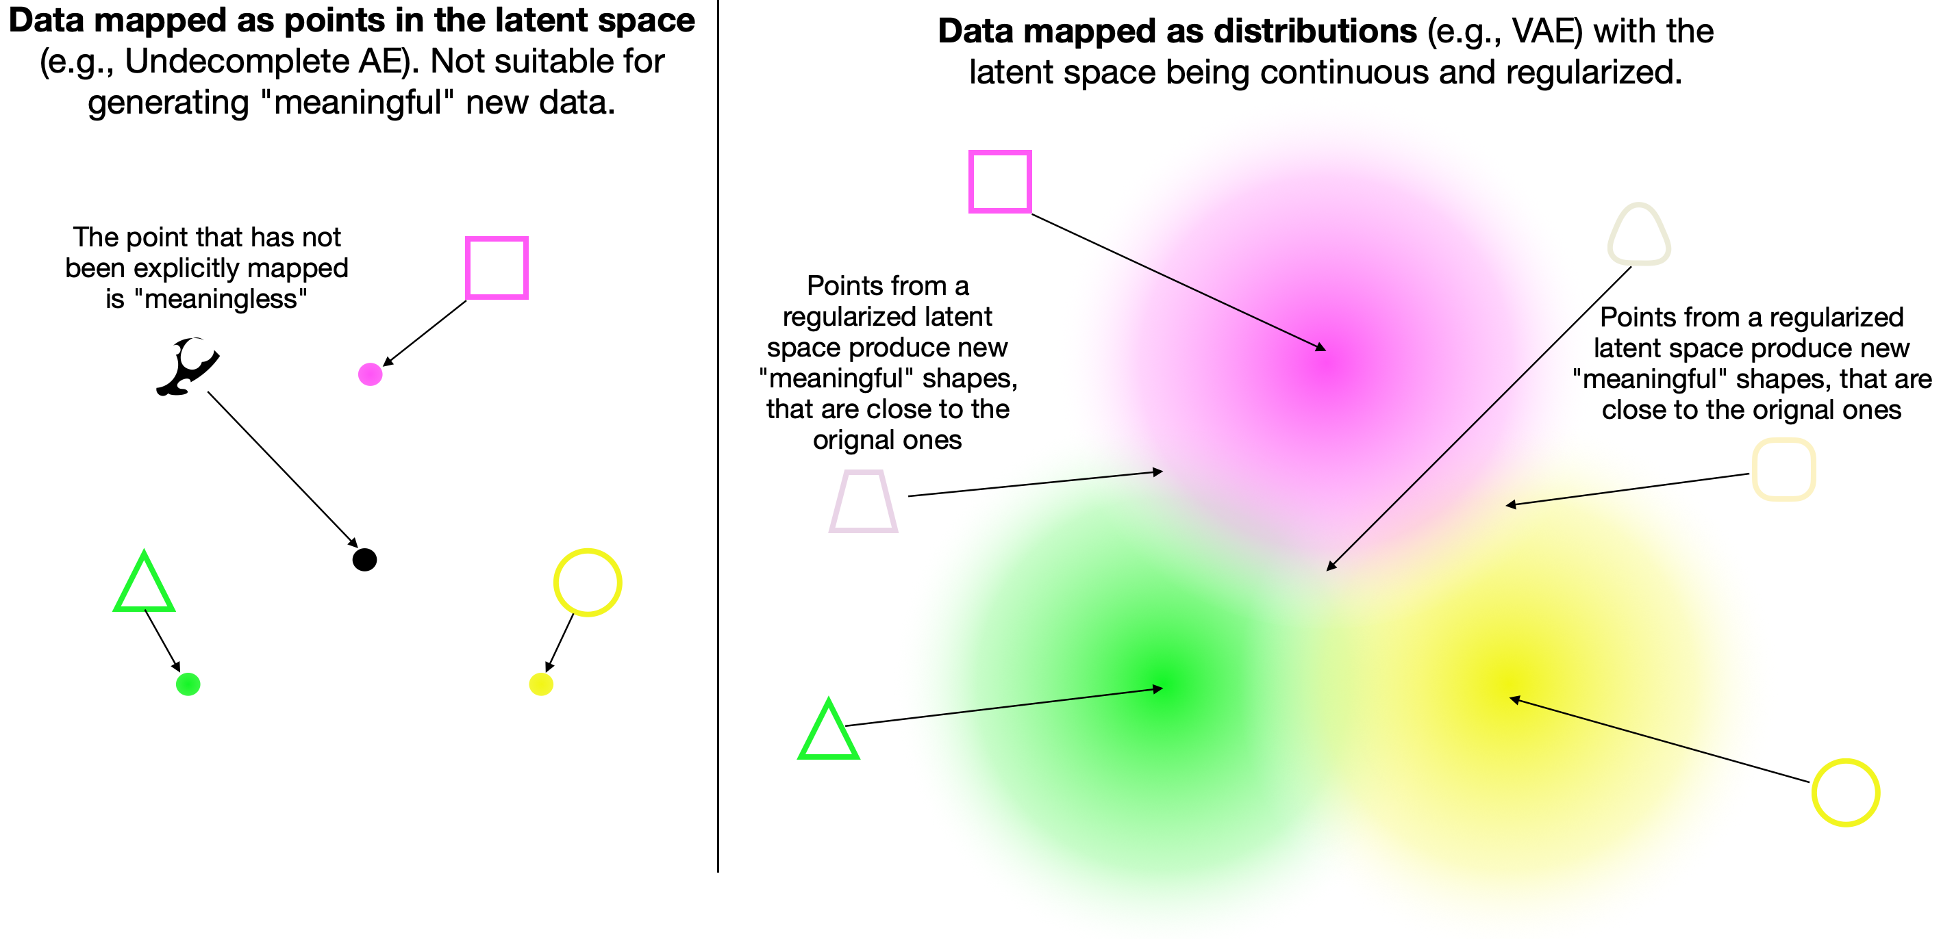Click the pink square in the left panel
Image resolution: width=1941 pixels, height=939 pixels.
pos(497,268)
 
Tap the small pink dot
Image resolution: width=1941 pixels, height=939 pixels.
pos(370,374)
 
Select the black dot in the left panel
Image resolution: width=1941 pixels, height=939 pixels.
pos(364,559)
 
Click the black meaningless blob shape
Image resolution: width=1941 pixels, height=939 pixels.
pos(188,366)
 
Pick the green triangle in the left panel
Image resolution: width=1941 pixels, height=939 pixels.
pos(144,584)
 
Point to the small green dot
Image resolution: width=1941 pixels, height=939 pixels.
pos(188,684)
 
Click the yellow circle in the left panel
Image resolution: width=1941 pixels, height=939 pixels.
pos(587,582)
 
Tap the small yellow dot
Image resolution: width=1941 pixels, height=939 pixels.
pos(541,684)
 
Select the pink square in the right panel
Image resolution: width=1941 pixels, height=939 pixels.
pos(1000,181)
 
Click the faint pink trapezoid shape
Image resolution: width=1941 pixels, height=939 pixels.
pos(864,502)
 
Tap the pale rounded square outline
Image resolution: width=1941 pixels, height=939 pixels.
pos(1783,470)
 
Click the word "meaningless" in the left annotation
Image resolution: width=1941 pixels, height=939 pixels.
pos(219,299)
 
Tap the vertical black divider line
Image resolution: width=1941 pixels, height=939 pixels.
pos(718,452)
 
